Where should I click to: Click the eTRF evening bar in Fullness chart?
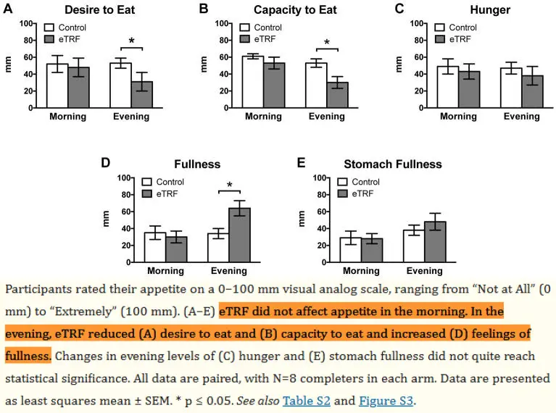click(x=240, y=235)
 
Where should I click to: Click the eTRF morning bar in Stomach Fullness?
click(x=371, y=250)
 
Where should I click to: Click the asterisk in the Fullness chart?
click(x=229, y=185)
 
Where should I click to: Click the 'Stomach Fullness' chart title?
click(x=397, y=164)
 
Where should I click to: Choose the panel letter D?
click(x=105, y=162)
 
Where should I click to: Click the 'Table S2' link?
click(x=304, y=400)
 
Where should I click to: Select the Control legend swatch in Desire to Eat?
click(x=51, y=28)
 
